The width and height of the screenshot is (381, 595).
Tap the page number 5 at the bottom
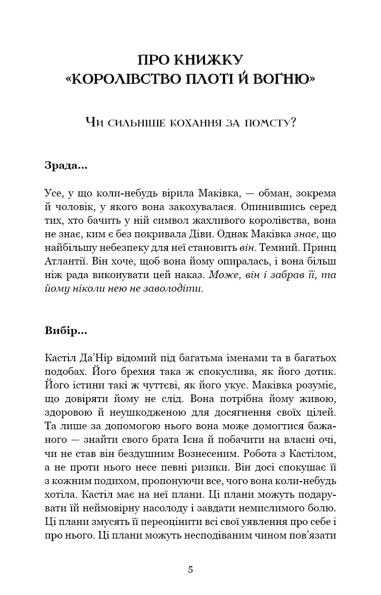click(190, 570)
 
